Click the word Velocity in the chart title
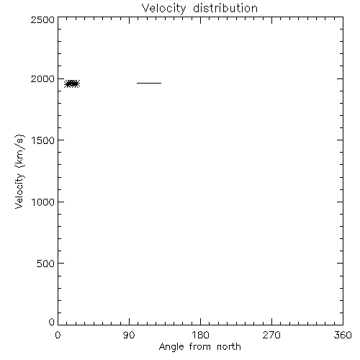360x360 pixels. tap(164, 9)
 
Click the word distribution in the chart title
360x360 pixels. tap(225, 8)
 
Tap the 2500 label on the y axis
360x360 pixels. tap(42, 19)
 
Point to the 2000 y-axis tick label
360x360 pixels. tap(42, 78)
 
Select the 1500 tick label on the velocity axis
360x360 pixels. tap(43, 140)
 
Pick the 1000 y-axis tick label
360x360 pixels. tap(43, 202)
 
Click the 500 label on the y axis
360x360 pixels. tap(46, 264)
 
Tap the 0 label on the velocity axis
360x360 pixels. tap(52, 322)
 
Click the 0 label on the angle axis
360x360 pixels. tap(58, 335)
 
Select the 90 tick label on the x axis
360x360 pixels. tap(129, 335)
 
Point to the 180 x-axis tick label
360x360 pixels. tap(200, 335)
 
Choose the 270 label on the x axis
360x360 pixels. tap(271, 335)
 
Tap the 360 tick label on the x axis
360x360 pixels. tap(343, 335)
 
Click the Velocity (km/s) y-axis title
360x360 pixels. tap(19, 171)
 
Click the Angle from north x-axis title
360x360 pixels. tap(200, 347)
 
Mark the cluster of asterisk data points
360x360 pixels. tap(72, 84)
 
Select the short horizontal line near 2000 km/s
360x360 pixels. tap(149, 83)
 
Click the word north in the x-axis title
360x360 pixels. tap(229, 346)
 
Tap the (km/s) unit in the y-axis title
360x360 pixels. tap(19, 151)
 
